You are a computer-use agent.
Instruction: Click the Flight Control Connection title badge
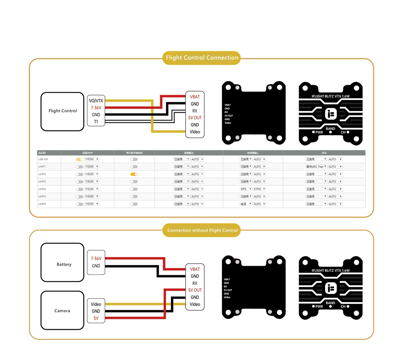[202, 58]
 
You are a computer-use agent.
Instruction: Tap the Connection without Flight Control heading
[202, 230]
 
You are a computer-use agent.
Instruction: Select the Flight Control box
[62, 111]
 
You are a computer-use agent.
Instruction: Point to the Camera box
[62, 311]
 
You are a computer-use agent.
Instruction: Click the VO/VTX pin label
[96, 101]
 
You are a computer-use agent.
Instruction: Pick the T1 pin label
[96, 122]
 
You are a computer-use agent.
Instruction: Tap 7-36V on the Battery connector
[96, 259]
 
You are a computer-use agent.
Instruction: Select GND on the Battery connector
[96, 266]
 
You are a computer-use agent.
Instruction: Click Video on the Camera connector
[96, 304]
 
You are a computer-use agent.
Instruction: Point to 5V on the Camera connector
[96, 318]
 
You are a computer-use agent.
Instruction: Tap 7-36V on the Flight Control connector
[96, 108]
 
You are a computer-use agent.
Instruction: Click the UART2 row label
[42, 174]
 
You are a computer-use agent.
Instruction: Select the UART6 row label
[42, 204]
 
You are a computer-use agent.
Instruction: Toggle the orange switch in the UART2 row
[134, 174]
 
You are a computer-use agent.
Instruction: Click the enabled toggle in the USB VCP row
[79, 159]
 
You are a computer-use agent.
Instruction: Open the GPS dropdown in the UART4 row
[246, 189]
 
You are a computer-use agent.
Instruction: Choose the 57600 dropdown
[259, 189]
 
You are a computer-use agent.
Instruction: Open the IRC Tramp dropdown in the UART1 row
[316, 167]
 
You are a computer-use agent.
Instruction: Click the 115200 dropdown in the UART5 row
[91, 197]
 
